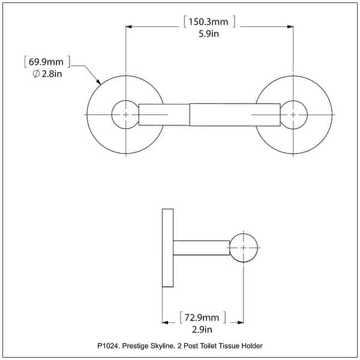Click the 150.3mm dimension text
(209, 22)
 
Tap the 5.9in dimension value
(208, 35)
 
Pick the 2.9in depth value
(203, 329)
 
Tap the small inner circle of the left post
(125, 113)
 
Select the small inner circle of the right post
(293, 113)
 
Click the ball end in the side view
(244, 248)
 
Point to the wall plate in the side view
(167, 248)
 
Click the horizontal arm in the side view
(202, 248)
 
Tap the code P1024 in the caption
(109, 346)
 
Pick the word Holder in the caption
(252, 346)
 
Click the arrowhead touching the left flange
(97, 81)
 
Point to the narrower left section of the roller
(164, 115)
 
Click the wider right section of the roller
(234, 115)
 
